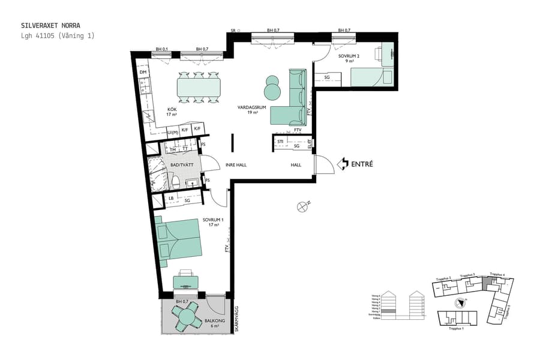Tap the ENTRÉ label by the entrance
(362, 163)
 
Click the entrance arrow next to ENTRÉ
(343, 163)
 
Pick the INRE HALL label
(236, 165)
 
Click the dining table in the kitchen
(199, 88)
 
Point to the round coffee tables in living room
(273, 88)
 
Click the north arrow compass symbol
(304, 207)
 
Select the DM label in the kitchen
(143, 73)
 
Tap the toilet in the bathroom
(175, 181)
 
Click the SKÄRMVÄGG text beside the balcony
(236, 320)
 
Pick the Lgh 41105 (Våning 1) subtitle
(58, 36)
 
